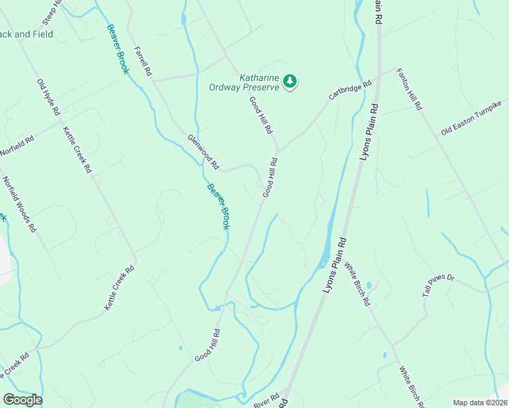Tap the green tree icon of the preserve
coord(291,82)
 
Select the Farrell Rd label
coord(142,61)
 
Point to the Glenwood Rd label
coord(203,152)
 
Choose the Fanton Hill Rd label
coord(410,89)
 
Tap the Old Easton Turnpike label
coord(471,118)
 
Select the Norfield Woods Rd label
coord(19,205)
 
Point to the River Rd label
coord(266,401)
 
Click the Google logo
coord(22,400)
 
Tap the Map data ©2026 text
coord(480,403)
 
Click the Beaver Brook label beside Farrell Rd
coord(116,49)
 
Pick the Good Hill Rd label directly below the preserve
coord(261,114)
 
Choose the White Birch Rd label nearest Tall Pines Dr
coord(356,283)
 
